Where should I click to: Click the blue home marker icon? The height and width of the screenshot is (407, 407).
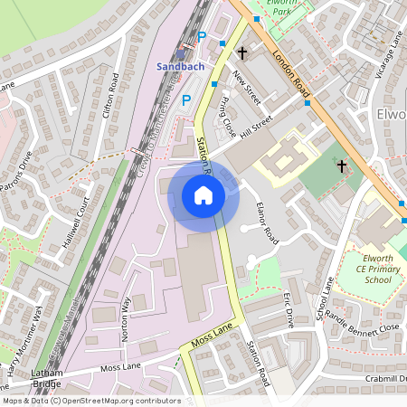pyautogui.click(x=203, y=195)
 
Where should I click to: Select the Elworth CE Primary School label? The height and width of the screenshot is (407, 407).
pyautogui.click(x=372, y=268)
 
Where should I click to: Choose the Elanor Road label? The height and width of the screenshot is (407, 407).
pyautogui.click(x=266, y=222)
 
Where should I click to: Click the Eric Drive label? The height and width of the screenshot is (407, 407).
pyautogui.click(x=289, y=308)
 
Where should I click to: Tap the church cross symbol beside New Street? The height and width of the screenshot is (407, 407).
pyautogui.click(x=241, y=53)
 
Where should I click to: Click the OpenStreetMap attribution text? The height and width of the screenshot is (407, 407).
pyautogui.click(x=90, y=400)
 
